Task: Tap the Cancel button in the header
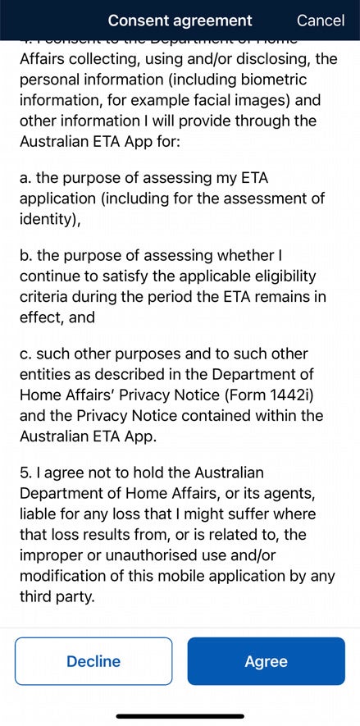320,21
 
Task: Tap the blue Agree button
266,661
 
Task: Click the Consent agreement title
180,21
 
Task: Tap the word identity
48,219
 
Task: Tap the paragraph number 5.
25,473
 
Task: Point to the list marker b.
25,255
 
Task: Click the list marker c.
25,354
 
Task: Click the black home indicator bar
180,716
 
